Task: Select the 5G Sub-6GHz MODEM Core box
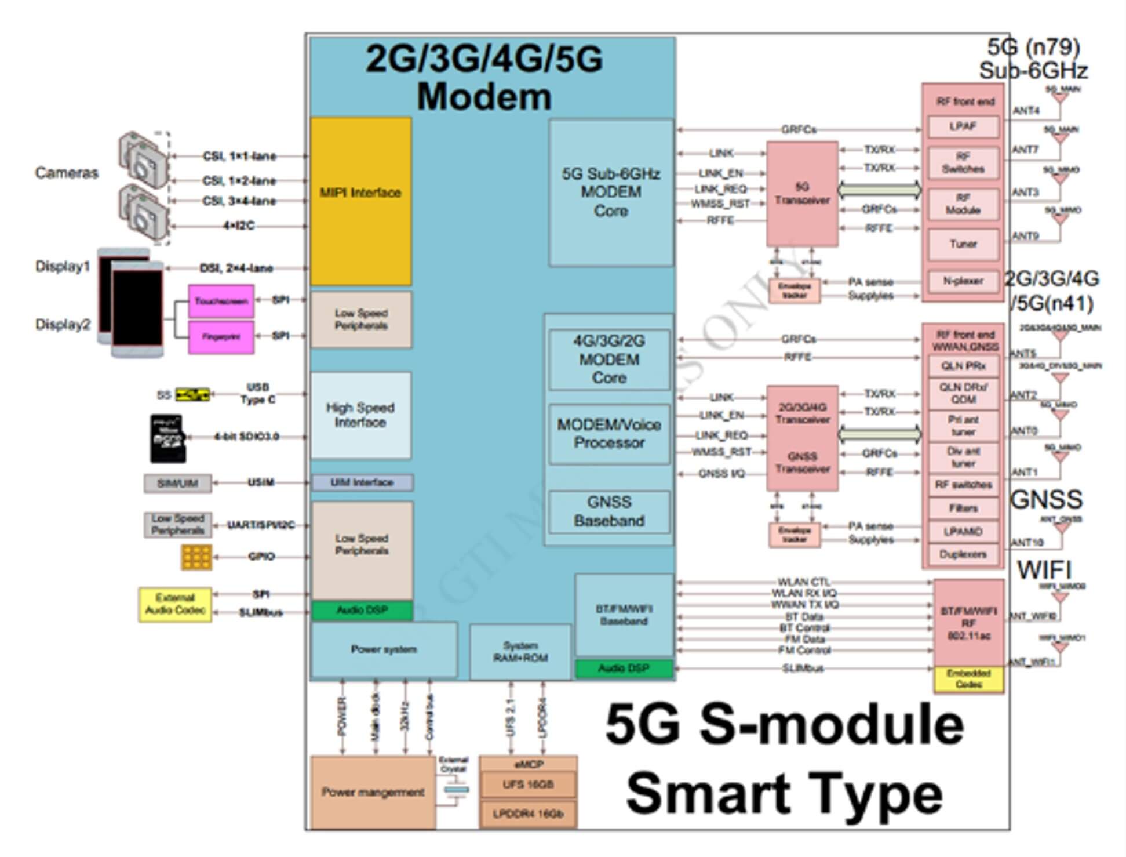coord(611,193)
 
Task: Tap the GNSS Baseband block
coord(609,511)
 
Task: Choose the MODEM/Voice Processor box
coord(609,434)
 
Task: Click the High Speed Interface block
coord(360,415)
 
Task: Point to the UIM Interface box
coord(362,482)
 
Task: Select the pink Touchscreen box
coord(221,301)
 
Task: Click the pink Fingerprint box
coord(221,337)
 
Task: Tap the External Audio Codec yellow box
coord(175,604)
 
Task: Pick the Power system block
coord(384,649)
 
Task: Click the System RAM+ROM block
coord(520,652)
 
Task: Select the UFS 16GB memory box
coord(528,785)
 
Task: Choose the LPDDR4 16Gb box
coord(528,814)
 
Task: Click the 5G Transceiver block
coord(802,194)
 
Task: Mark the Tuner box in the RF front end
coord(963,244)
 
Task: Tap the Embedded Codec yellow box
coord(968,679)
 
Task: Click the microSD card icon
coord(167,438)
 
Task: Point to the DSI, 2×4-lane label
coord(236,268)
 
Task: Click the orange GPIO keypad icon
coord(196,557)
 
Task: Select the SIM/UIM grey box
coord(177,483)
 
